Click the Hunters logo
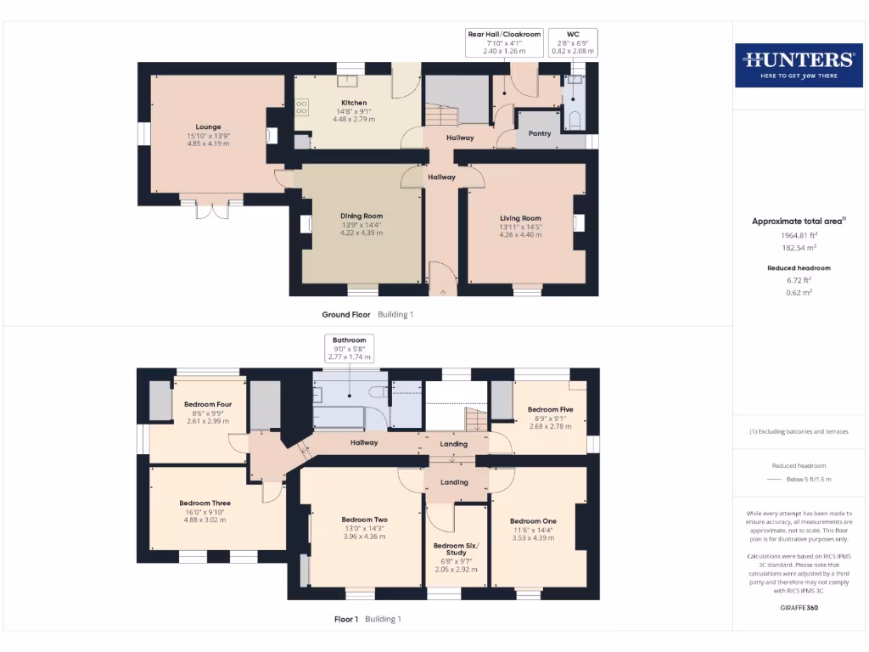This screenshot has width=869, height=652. coord(798,64)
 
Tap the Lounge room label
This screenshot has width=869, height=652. coord(208,127)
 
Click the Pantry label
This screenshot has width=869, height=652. coord(539,133)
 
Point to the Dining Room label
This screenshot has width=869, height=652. coord(362,216)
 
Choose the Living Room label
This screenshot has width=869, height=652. coord(520,218)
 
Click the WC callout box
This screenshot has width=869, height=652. coord(573,42)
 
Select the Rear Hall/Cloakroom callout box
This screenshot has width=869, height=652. coord(504,42)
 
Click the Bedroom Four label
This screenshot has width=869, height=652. coord(208,404)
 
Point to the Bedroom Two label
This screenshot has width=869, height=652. coord(364,520)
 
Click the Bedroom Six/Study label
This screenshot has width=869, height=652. coord(456,549)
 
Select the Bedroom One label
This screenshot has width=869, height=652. coord(533,520)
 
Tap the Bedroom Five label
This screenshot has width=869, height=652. coord(549,409)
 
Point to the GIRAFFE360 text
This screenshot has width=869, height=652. coord(799,608)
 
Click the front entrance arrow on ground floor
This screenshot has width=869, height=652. coord(442,292)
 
